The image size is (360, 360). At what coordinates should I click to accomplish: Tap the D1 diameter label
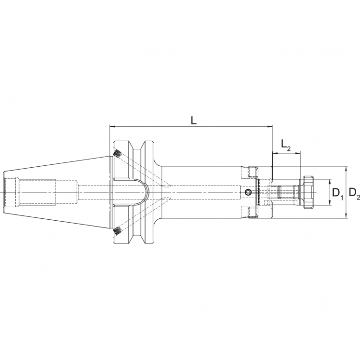tap(338, 194)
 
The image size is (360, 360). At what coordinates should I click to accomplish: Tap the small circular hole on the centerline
tap(248, 193)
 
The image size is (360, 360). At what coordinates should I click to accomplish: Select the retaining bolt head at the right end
tap(307, 193)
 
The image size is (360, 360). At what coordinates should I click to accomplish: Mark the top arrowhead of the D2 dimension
tap(346, 169)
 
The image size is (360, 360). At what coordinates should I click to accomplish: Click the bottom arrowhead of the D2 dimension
tap(346, 216)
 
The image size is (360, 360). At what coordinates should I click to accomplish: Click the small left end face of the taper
tap(5, 193)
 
